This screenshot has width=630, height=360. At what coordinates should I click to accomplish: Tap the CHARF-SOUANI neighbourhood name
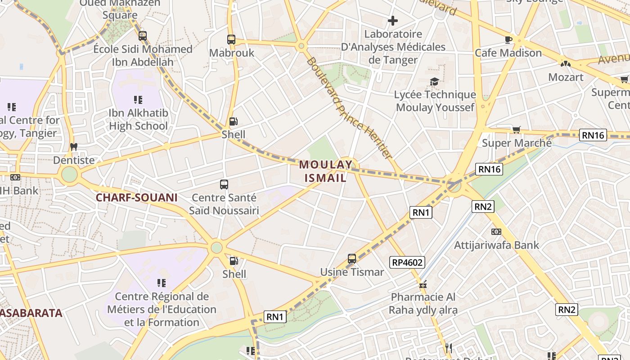(x=136, y=197)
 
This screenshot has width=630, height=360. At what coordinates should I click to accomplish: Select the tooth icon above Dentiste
(x=74, y=147)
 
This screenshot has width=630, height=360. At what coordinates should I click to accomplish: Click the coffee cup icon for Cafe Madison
(x=508, y=40)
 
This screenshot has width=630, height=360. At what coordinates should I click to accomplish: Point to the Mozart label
(x=566, y=77)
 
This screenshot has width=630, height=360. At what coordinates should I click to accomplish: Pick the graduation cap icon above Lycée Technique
(x=434, y=81)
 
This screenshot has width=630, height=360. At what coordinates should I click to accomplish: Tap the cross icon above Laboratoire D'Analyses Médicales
(x=393, y=21)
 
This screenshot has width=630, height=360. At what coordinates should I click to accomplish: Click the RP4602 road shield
(x=407, y=262)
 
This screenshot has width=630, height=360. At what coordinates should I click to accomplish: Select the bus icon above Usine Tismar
(x=352, y=259)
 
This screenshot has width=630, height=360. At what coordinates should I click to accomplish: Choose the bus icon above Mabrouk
(x=231, y=40)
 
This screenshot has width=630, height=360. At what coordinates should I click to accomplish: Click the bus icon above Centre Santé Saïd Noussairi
(x=224, y=184)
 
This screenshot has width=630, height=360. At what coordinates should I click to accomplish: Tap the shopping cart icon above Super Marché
(x=516, y=130)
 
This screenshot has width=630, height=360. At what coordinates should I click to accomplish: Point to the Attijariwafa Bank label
(x=496, y=245)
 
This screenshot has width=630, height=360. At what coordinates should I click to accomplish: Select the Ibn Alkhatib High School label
(x=138, y=119)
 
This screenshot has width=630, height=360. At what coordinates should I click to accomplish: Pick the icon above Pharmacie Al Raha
(x=423, y=284)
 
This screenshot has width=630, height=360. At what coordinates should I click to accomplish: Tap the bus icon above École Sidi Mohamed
(x=143, y=36)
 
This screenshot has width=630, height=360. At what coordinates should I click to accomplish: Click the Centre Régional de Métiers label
(x=162, y=309)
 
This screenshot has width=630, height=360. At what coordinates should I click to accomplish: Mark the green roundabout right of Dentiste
(x=69, y=175)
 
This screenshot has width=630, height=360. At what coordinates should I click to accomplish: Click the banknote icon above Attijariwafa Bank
(x=496, y=232)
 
